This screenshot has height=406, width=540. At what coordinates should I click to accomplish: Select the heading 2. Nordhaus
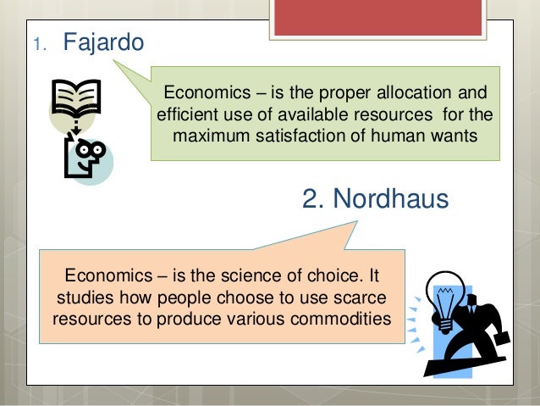[375, 200]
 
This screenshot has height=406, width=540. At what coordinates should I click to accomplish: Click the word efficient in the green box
[188, 114]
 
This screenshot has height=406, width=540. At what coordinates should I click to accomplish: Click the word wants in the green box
[456, 136]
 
